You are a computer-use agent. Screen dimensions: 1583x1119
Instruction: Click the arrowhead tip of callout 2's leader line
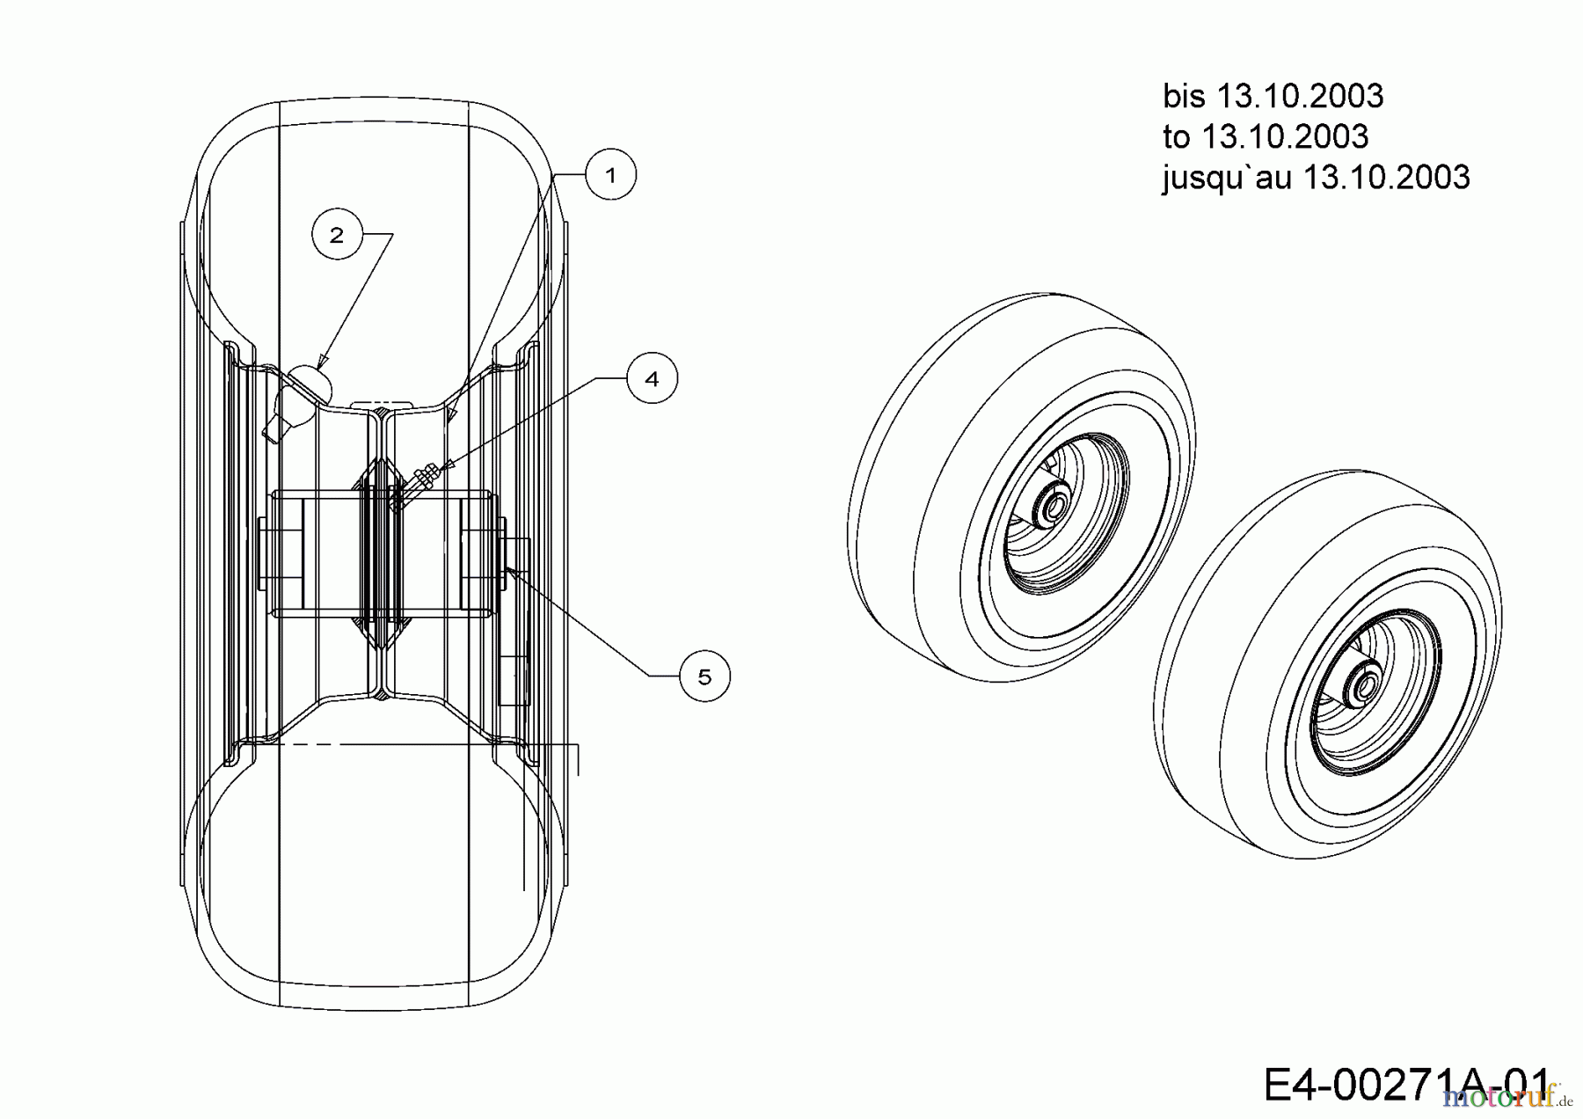tap(318, 368)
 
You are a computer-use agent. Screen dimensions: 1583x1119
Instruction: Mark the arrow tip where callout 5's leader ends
tap(506, 567)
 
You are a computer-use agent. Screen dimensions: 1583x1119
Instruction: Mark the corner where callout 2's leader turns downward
tap(392, 234)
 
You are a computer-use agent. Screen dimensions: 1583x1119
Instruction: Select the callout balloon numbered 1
tap(611, 174)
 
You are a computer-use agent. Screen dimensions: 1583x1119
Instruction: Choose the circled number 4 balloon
tap(652, 378)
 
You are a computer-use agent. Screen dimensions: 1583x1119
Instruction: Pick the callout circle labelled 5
tap(704, 676)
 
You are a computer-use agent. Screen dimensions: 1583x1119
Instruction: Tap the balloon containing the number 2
tap(337, 235)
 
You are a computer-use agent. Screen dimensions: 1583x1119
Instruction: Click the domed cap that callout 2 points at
tap(310, 383)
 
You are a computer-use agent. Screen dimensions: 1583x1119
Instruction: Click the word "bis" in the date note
tap(1185, 96)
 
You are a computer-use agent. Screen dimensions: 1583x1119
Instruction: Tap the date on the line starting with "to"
tap(1285, 136)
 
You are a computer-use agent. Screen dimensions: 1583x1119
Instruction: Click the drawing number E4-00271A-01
tap(1407, 1084)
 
